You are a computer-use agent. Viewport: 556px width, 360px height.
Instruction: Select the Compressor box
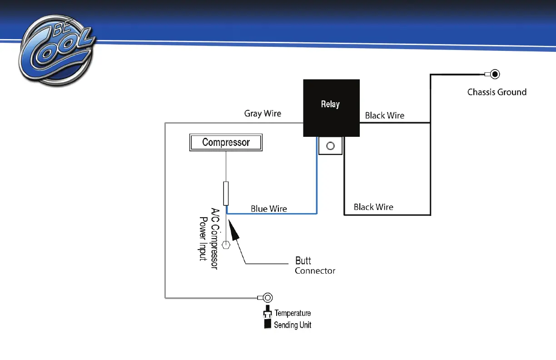point(226,142)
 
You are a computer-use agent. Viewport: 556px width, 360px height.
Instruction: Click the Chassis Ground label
point(497,92)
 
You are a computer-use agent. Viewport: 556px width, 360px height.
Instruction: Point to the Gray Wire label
point(263,114)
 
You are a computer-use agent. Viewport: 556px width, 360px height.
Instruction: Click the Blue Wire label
point(269,209)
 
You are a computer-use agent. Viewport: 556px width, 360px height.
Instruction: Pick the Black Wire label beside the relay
point(384,115)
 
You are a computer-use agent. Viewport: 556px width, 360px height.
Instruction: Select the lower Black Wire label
point(373,207)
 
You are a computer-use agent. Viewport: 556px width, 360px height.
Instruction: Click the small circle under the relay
point(331,146)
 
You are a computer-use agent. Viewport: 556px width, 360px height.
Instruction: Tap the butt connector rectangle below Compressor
point(226,193)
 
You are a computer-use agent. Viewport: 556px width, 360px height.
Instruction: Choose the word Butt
point(303,261)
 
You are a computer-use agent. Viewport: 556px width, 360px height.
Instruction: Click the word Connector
point(315,271)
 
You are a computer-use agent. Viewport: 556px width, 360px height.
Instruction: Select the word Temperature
point(293,313)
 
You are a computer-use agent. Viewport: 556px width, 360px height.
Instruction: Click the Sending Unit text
point(293,325)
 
